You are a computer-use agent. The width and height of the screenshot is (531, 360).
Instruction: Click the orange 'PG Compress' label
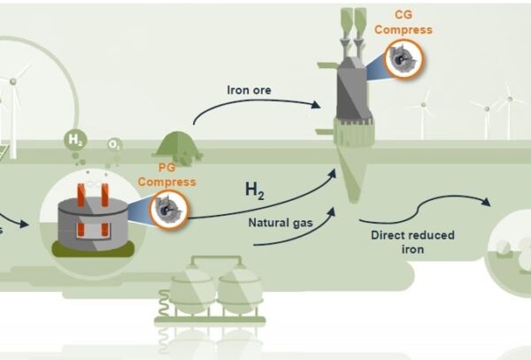(166, 177)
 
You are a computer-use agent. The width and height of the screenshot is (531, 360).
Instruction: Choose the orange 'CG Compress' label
(403, 23)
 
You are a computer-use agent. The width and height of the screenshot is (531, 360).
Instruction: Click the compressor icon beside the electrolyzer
(165, 210)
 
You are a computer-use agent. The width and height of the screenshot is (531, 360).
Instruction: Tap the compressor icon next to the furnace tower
(403, 58)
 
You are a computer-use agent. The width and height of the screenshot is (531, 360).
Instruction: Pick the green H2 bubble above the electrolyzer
(76, 139)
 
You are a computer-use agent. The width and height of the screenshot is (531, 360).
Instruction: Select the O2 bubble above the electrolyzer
(114, 144)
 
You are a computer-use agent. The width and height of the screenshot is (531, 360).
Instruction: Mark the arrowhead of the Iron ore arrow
(316, 105)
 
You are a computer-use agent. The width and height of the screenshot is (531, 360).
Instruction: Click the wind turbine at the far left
(13, 84)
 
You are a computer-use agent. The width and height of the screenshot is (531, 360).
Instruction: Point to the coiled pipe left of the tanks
(164, 307)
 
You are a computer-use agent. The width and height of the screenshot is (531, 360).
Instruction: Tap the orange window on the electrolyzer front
(88, 230)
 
